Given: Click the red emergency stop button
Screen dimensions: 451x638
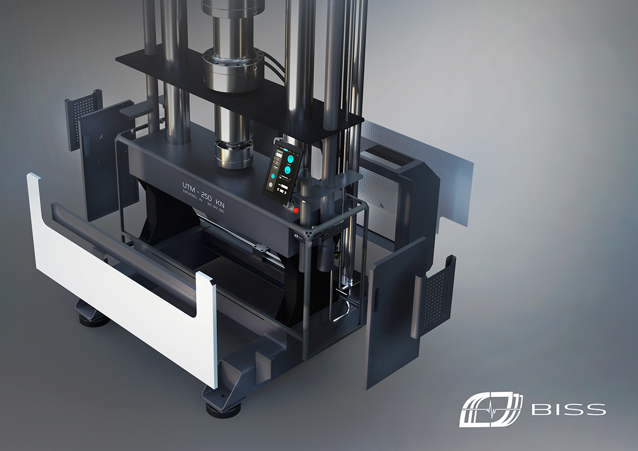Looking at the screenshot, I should coord(297,210).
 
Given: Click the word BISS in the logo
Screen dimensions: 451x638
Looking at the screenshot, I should coord(568,409).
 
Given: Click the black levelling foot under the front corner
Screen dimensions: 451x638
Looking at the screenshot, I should coord(222,408).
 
